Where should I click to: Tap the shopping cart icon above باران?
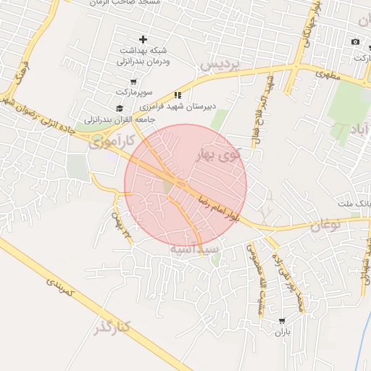click(282, 320)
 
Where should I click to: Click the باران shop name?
click(282, 331)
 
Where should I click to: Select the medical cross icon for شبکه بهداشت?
click(143, 39)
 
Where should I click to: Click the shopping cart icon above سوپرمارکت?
click(124, 92)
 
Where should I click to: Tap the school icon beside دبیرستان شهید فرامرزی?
click(178, 95)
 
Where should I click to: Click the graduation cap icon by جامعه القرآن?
click(120, 108)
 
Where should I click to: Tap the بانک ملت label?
click(354, 204)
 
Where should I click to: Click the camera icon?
click(355, 41)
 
